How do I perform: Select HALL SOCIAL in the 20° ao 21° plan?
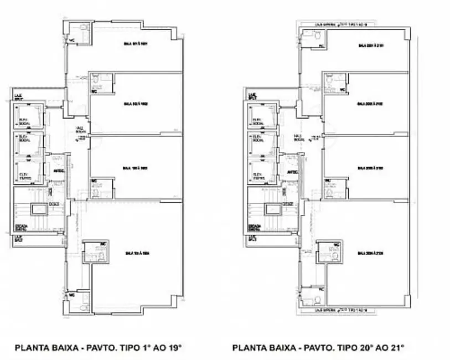tap(298, 137)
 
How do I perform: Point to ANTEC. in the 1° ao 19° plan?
tap(59, 171)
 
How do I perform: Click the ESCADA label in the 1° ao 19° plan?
tap(22, 227)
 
